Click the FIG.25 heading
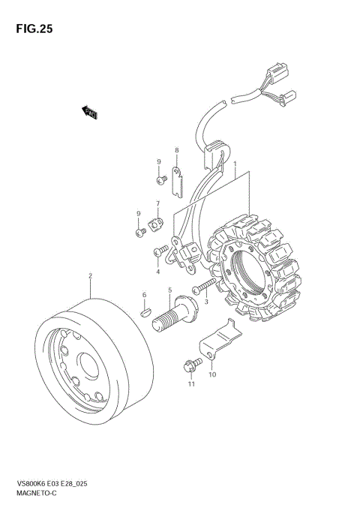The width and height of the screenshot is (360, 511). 34,29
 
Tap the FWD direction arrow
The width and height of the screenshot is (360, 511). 89,113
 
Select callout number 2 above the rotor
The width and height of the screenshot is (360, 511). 90,276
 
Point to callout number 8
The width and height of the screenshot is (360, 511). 176,150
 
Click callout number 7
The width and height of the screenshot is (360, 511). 158,203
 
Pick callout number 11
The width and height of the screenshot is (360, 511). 191,384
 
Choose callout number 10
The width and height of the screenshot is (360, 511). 212,374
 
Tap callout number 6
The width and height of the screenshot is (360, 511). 144,295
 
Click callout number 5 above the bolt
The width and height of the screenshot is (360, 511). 169,290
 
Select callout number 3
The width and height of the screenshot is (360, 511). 206,302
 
